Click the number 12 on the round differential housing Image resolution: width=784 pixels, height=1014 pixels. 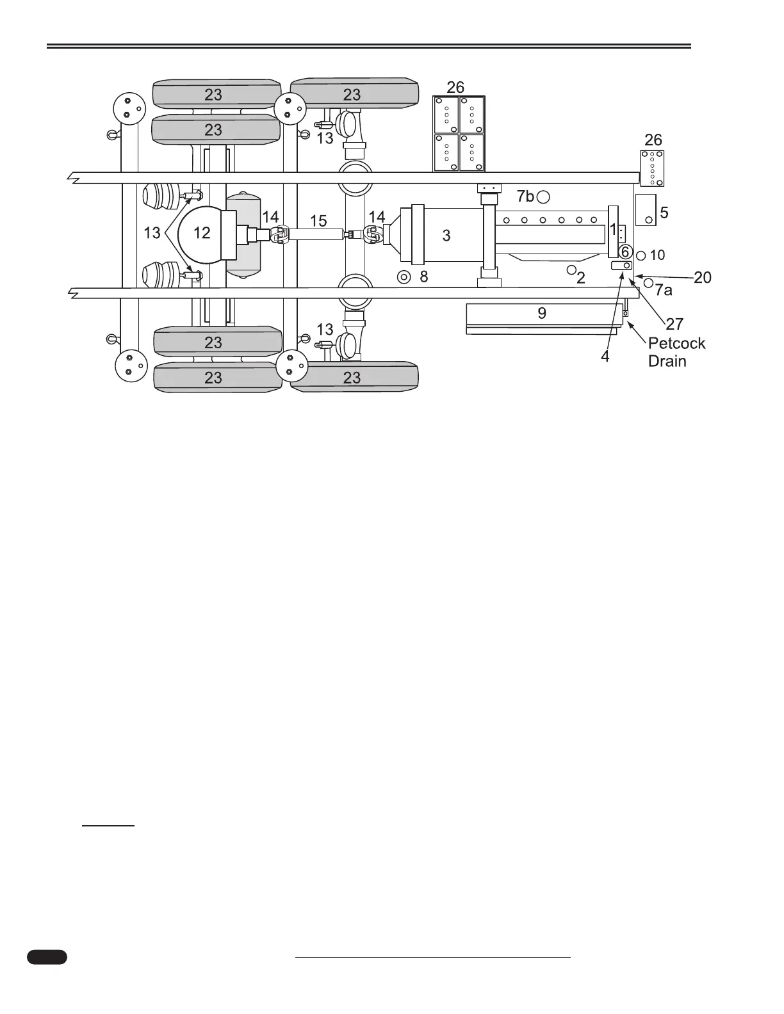pyautogui.click(x=202, y=233)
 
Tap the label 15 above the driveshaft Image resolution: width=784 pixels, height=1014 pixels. pyautogui.click(x=318, y=221)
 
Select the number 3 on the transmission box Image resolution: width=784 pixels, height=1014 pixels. pyautogui.click(x=446, y=235)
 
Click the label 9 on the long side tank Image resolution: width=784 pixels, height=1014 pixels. pyautogui.click(x=542, y=313)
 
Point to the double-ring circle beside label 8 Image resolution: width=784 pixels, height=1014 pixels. pyautogui.click(x=404, y=277)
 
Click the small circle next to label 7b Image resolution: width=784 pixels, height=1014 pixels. pyautogui.click(x=543, y=197)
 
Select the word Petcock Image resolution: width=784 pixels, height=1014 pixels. pyautogui.click(x=676, y=343)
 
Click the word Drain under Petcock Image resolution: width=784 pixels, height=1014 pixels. pyautogui.click(x=667, y=361)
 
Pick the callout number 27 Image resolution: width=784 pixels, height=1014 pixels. pyautogui.click(x=675, y=325)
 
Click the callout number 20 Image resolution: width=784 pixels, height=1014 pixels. pyautogui.click(x=703, y=277)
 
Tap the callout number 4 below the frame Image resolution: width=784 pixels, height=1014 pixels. pyautogui.click(x=605, y=356)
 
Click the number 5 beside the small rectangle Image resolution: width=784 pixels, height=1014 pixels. pyautogui.click(x=664, y=212)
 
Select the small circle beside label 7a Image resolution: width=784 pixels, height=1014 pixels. pyautogui.click(x=648, y=282)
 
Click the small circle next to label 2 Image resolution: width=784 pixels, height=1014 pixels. pyautogui.click(x=571, y=270)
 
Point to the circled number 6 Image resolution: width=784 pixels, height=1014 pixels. pyautogui.click(x=625, y=252)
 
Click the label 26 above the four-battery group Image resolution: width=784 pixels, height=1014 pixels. pyautogui.click(x=455, y=86)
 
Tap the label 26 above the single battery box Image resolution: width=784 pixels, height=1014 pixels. pyautogui.click(x=653, y=140)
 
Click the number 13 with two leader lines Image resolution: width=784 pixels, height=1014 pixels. pyautogui.click(x=152, y=233)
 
